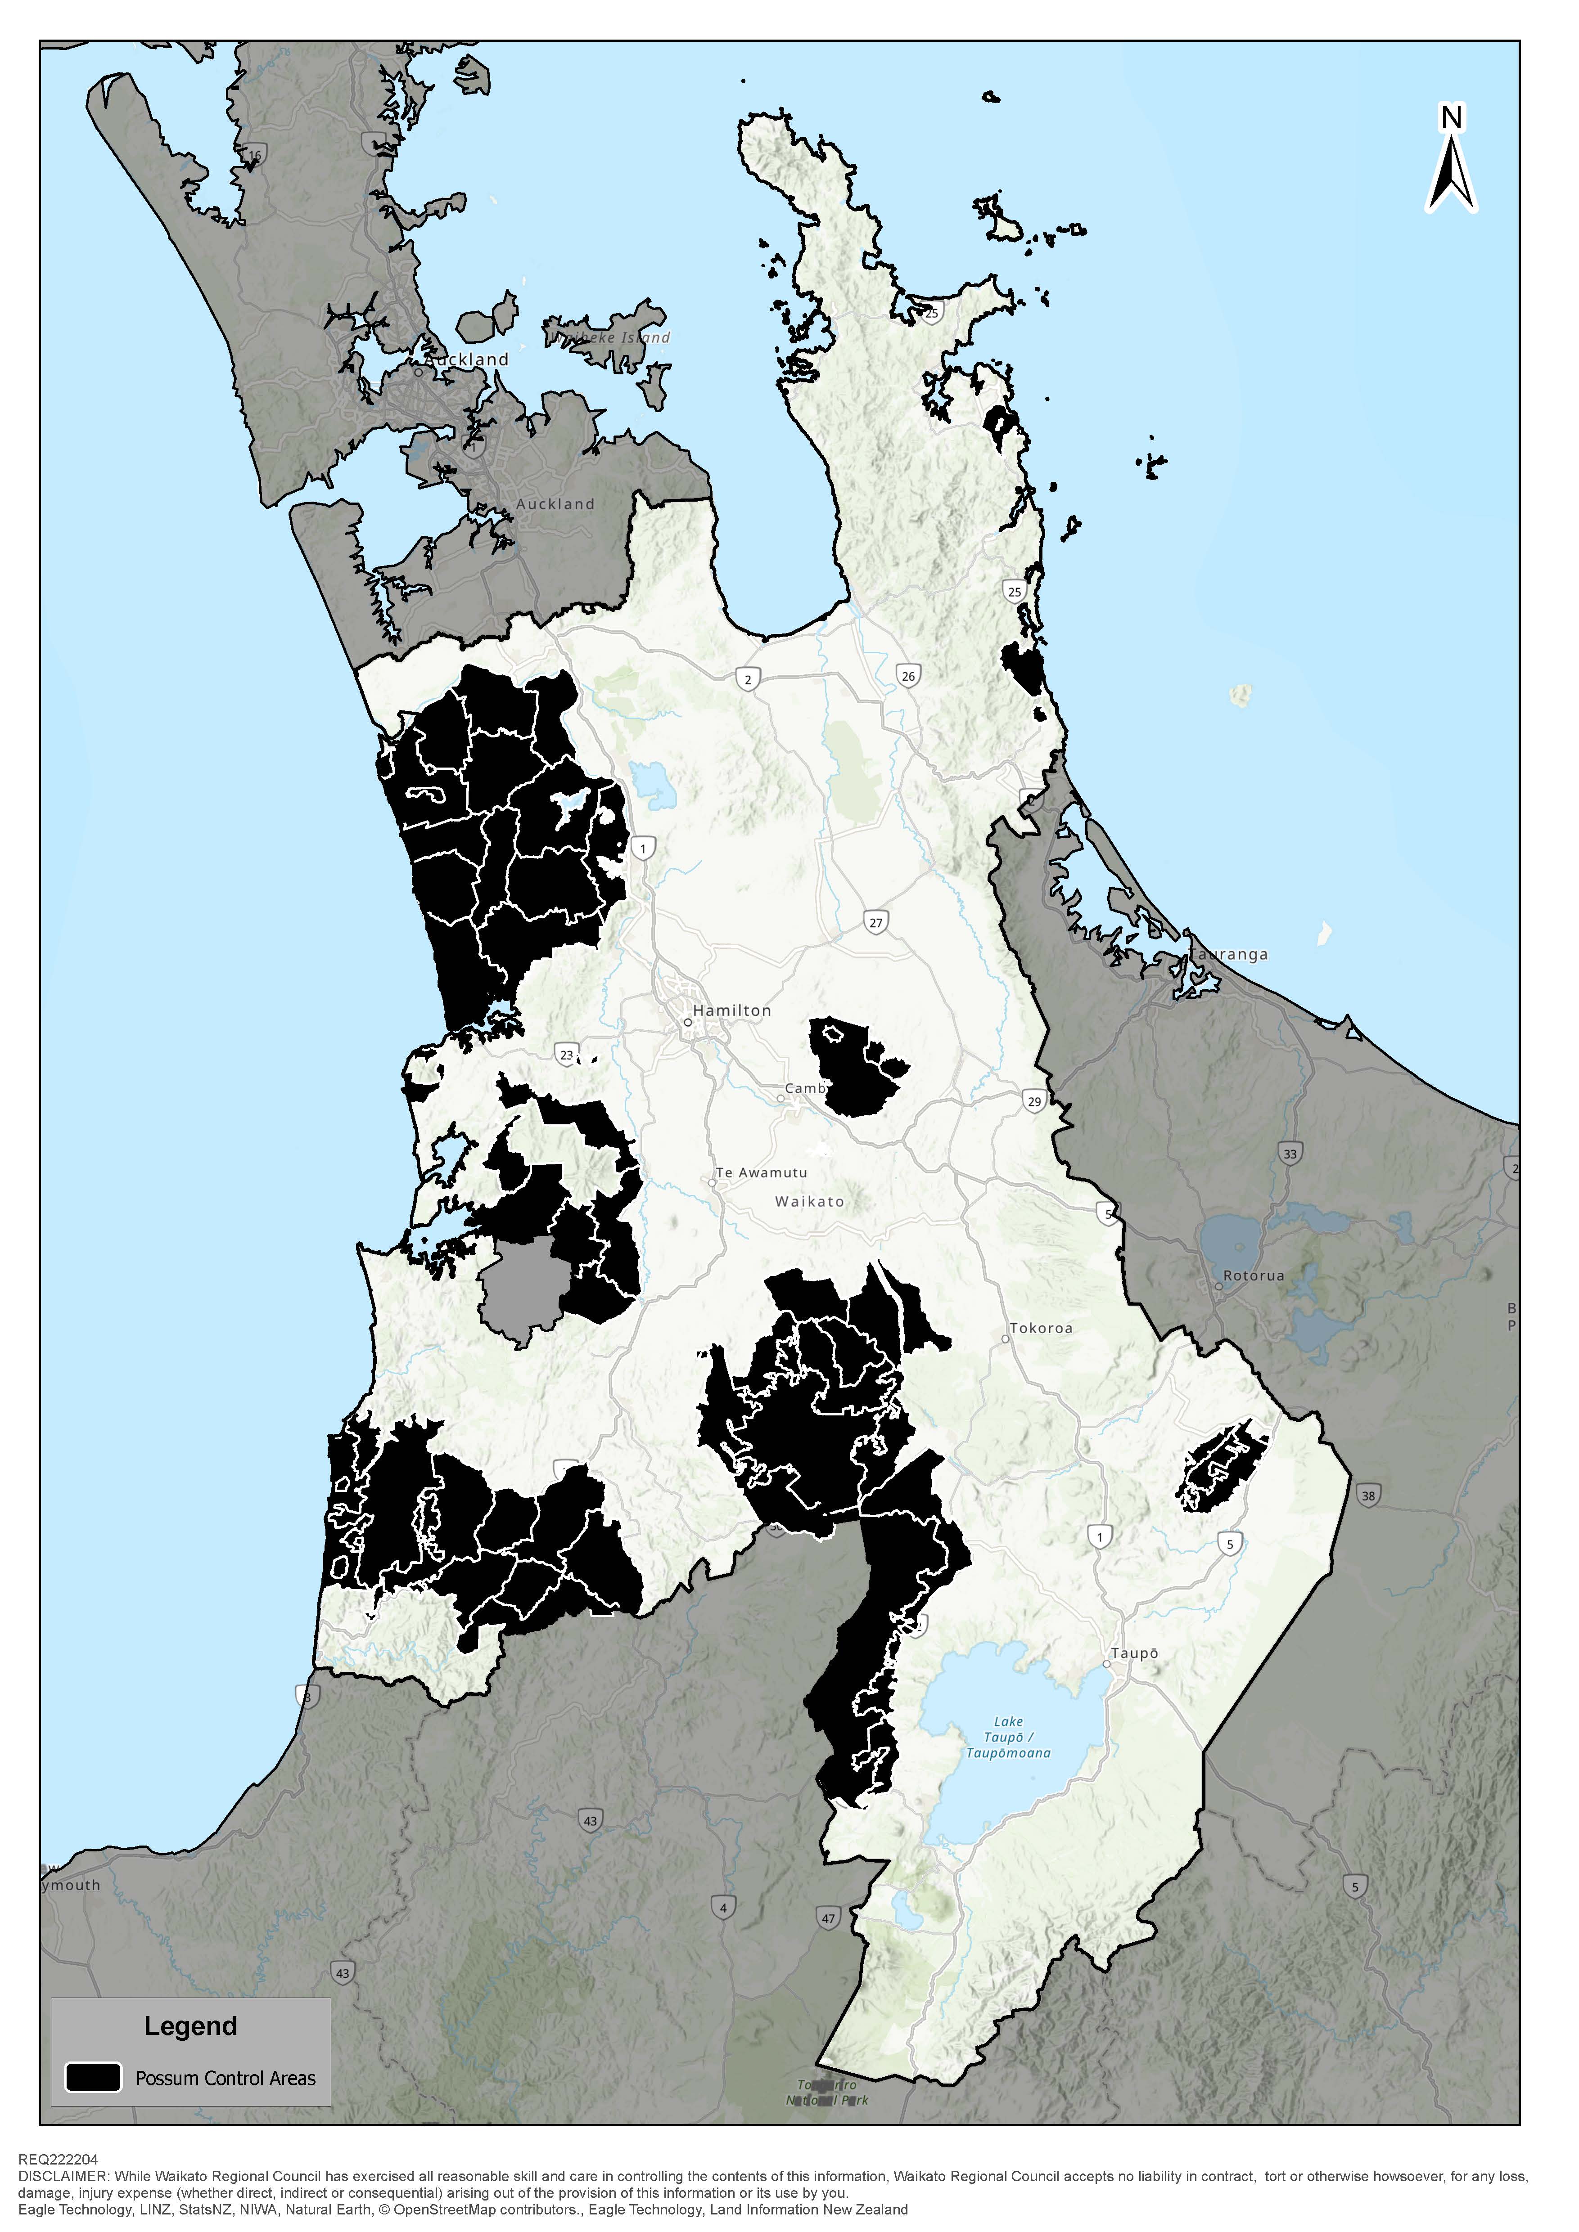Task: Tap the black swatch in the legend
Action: tap(93, 2077)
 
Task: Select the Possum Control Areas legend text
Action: tap(226, 2079)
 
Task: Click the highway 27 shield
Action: tap(876, 923)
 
